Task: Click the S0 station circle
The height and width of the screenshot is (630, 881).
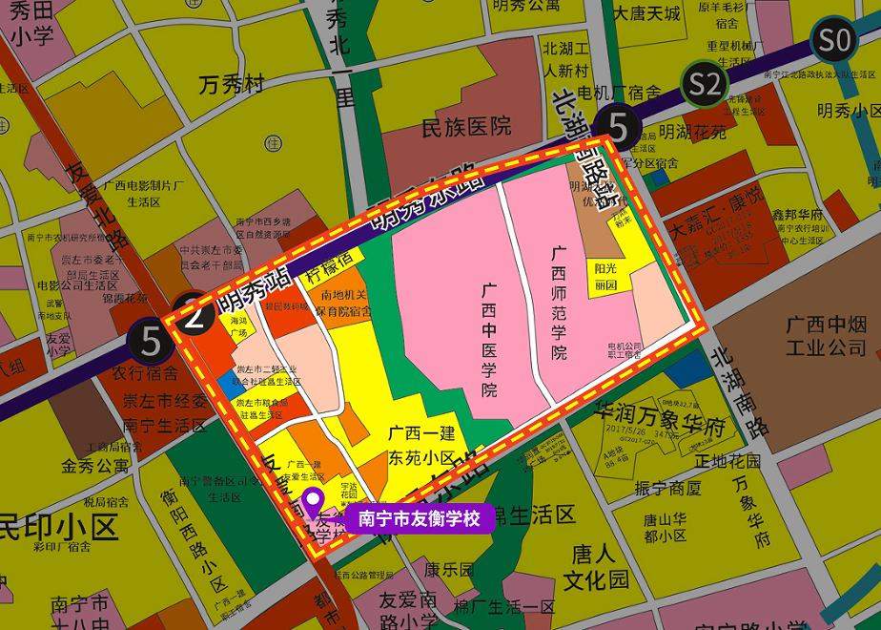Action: (834, 41)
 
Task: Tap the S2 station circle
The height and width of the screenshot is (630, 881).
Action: (705, 85)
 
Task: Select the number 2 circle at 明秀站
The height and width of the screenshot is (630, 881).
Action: (193, 314)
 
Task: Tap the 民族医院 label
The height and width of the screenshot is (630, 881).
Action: (466, 126)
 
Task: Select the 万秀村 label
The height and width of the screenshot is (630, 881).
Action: (231, 86)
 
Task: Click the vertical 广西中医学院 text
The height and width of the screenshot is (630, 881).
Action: (489, 339)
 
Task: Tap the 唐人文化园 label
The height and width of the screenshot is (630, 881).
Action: (595, 567)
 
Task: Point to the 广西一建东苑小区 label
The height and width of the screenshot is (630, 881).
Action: (422, 445)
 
